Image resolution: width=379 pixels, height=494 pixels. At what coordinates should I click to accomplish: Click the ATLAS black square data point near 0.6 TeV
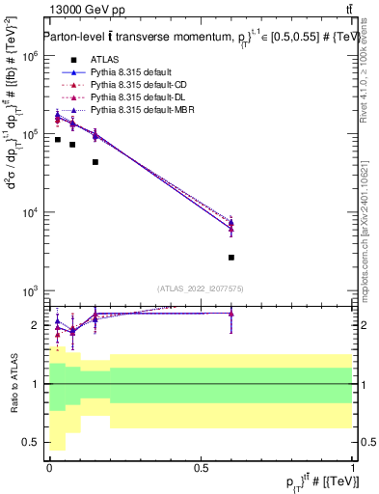231,258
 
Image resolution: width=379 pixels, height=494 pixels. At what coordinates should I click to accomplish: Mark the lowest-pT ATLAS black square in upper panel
57,140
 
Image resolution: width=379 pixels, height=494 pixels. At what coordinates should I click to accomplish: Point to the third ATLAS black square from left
95,162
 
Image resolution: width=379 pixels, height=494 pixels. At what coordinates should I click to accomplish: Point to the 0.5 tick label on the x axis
201,468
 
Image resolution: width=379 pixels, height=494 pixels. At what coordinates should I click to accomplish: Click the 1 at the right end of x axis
353,468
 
